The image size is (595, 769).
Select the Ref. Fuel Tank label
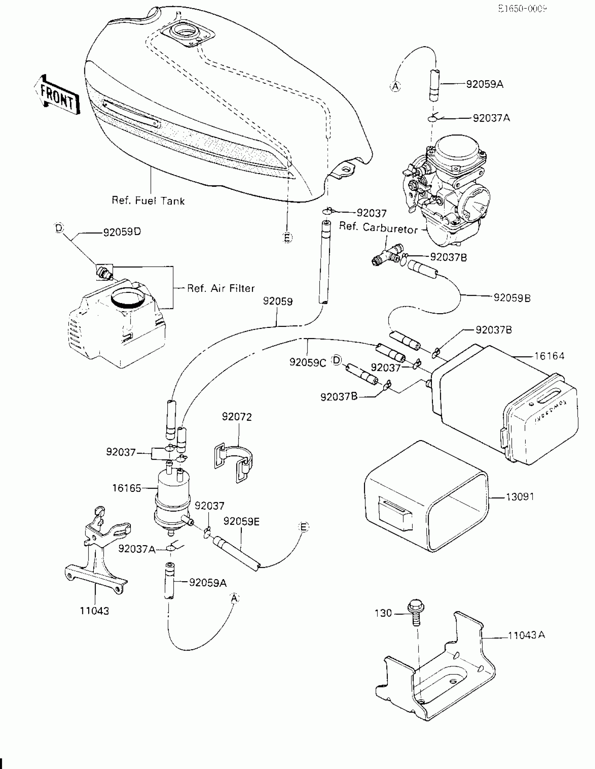click(148, 201)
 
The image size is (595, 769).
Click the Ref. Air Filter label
click(220, 288)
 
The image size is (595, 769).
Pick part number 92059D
click(122, 232)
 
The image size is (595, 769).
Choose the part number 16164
click(549, 356)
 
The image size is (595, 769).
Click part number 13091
click(520, 497)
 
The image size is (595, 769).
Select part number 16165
click(126, 488)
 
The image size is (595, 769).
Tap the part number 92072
click(237, 417)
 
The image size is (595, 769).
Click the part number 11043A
click(526, 635)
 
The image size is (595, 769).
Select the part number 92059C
click(308, 362)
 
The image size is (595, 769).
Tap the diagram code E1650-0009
click(522, 9)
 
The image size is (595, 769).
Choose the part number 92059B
click(512, 298)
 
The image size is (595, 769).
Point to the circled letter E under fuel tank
click(287, 238)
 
